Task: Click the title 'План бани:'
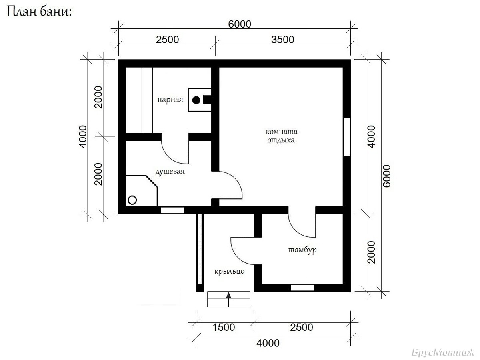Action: pos(39,12)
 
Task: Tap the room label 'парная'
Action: pos(170,100)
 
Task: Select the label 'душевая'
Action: pos(170,172)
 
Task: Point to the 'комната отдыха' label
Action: pos(282,136)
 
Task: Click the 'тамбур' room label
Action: pos(303,250)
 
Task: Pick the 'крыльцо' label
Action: pos(229,272)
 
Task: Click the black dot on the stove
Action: pos(196,100)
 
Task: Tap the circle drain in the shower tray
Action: pos(132,200)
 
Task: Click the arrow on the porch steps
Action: pos(228,299)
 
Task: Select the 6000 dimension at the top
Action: pos(240,24)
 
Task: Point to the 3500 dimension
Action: pos(282,40)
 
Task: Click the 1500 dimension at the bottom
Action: pos(224,327)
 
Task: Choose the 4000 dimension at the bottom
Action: pos(268,343)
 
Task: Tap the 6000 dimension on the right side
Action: pos(387,176)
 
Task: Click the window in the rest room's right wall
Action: pos(347,137)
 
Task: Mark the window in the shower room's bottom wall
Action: pos(172,210)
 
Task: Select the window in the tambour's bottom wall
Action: pos(302,288)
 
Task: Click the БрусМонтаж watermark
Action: pos(443,352)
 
